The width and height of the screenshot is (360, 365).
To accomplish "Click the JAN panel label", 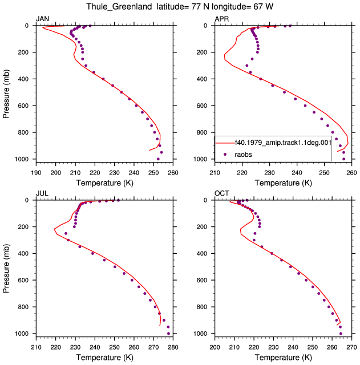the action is tap(42, 19).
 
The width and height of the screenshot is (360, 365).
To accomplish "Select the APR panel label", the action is tap(222, 19).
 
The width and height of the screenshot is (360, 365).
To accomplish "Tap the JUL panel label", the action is tap(42, 193).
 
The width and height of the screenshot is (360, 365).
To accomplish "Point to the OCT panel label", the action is tap(222, 193).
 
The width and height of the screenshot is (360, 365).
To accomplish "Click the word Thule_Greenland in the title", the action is tap(119, 6).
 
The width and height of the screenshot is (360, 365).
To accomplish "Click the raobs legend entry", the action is tap(243, 155).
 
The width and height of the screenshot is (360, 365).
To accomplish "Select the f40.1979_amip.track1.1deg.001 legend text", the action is tap(283, 143).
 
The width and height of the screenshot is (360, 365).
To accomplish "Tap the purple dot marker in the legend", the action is tap(225, 155).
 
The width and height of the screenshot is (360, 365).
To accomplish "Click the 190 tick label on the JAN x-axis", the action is tap(36, 173).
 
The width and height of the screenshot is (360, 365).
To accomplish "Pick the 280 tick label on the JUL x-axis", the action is tap(173, 347).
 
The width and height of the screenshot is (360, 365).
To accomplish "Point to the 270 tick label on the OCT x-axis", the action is tap(351, 347).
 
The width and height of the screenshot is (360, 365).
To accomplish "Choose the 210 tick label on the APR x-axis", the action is tap(215, 173).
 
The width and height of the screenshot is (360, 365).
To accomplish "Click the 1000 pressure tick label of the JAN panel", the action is tap(22, 159).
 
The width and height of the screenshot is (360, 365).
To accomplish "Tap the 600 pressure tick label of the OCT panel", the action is tap(201, 280).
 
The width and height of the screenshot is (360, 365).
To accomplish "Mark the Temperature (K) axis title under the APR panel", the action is tap(283, 183).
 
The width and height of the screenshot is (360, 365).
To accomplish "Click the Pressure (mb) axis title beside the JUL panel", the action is tap(6, 269).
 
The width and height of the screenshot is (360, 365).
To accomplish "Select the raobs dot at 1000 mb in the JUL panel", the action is tap(169, 334).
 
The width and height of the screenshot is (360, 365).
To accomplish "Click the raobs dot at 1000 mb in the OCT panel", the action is tap(341, 334).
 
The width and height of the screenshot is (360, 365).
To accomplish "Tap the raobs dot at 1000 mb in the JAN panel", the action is tap(158, 159).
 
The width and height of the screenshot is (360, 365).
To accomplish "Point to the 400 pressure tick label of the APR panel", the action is tap(201, 79).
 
